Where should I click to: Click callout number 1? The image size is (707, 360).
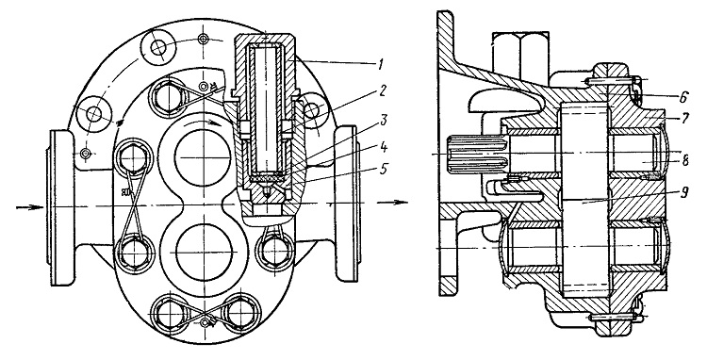point(381,66)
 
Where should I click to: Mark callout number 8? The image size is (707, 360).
point(684,162)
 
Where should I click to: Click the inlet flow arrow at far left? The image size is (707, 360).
point(30,206)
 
